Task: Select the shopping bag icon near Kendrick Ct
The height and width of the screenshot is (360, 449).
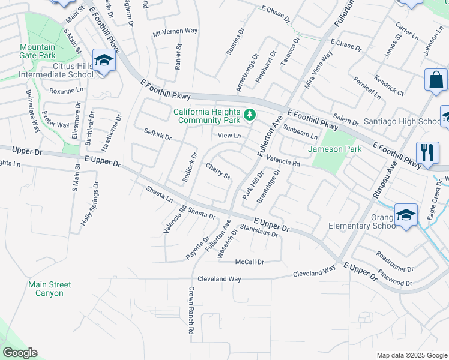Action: (435, 80)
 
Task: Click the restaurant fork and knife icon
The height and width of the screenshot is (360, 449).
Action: (427, 152)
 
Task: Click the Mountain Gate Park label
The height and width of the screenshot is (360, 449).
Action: (37, 51)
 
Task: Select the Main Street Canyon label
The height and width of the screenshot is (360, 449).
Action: (49, 289)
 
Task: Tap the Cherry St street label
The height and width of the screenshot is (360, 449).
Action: (218, 171)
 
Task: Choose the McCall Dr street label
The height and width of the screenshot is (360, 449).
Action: (250, 262)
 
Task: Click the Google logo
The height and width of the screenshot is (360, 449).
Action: (20, 353)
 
